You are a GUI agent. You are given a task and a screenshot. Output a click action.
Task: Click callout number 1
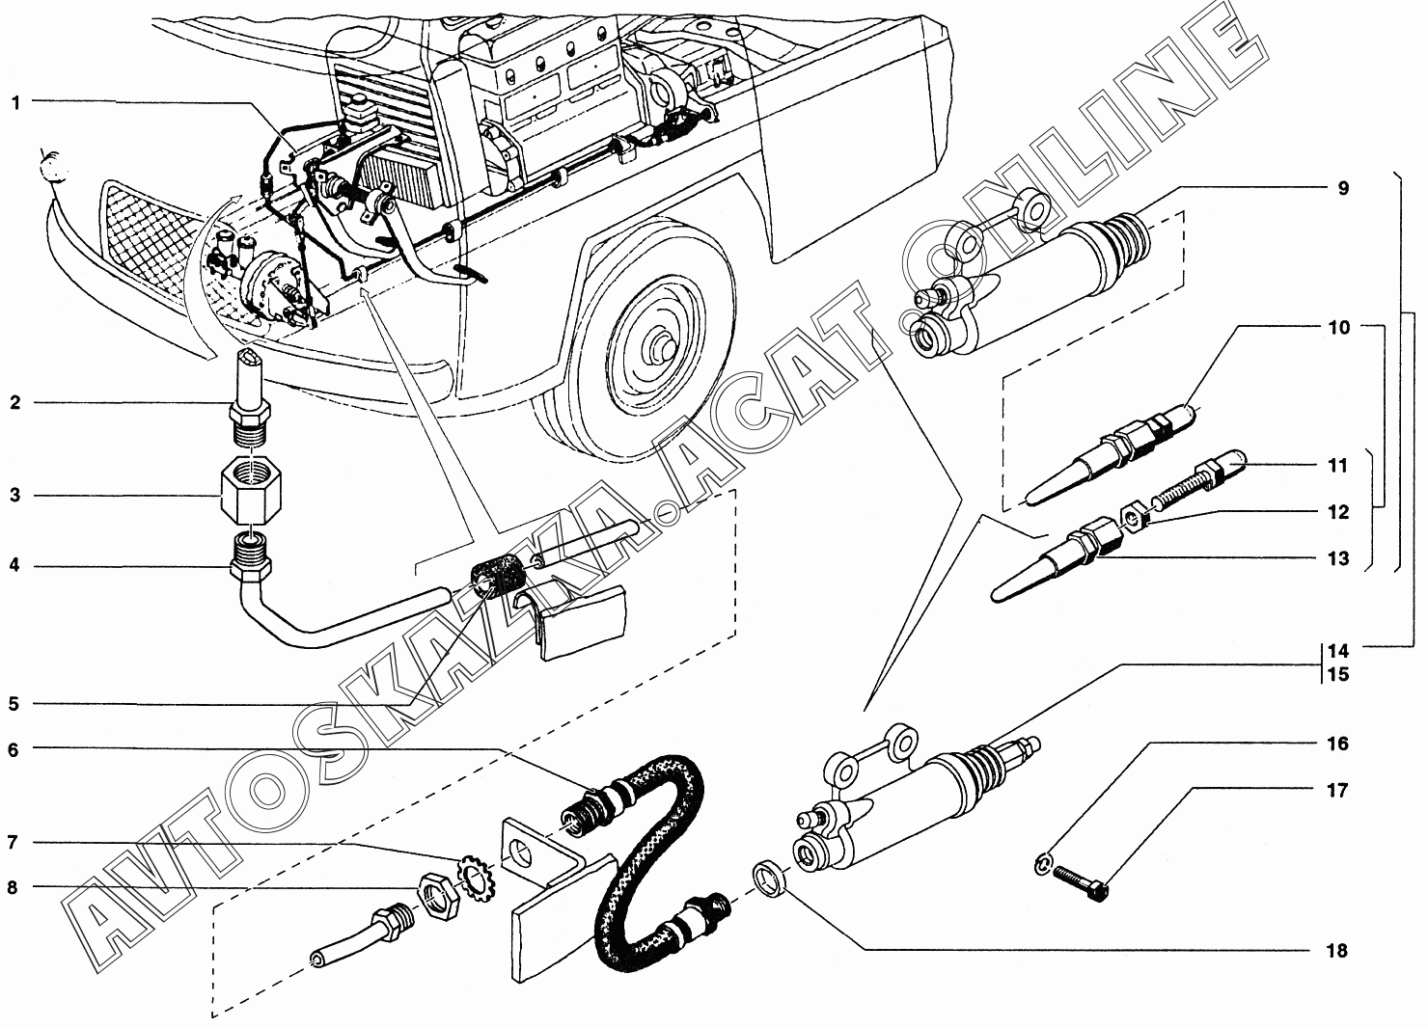point(15,102)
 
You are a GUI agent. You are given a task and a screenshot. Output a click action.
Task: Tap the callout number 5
point(14,704)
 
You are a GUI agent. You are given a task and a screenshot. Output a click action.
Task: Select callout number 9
point(1342,188)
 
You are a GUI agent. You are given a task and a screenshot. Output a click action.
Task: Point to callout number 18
point(1336,951)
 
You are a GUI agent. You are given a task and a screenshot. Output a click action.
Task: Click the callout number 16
point(1336,744)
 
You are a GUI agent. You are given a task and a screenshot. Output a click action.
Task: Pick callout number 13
point(1337,558)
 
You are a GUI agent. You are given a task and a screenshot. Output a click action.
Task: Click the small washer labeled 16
point(1042,866)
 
